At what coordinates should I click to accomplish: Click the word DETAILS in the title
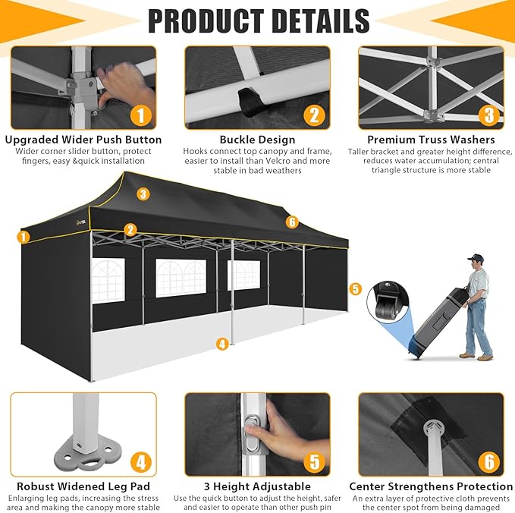coord(321,20)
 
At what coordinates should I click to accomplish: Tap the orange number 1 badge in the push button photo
coord(141,115)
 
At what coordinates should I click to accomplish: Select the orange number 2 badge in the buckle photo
coord(314,115)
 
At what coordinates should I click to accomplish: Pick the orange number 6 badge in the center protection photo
coord(489,462)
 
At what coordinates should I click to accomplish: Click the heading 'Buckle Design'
coord(258,140)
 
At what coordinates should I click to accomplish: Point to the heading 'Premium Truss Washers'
coord(431,140)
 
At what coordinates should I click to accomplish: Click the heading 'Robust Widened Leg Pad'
coord(83,486)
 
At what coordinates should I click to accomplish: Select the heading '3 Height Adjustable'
coord(258,486)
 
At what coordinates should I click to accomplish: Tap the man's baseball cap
coord(476,257)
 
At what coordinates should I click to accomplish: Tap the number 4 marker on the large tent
coord(222,344)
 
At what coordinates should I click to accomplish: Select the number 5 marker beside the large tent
coord(355,289)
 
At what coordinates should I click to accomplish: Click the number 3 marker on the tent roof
coord(143,194)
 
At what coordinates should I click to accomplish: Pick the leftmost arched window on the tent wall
coord(108,280)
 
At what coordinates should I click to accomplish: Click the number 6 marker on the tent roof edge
coord(292,222)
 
